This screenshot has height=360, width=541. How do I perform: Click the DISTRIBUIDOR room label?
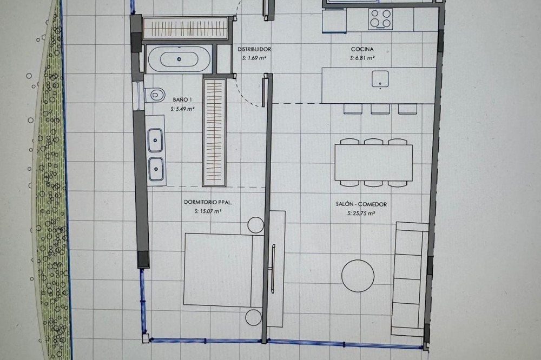(254, 49)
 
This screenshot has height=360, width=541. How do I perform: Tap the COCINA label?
(362, 49)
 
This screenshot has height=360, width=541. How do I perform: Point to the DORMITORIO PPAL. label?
(208, 202)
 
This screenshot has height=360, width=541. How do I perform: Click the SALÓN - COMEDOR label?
(361, 204)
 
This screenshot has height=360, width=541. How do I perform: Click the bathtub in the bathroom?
(179, 59)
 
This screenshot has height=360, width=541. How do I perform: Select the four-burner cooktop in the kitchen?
(380, 18)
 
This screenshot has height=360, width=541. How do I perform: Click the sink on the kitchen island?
(380, 79)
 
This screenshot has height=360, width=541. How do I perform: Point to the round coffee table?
(358, 276)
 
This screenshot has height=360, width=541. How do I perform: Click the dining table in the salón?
(374, 162)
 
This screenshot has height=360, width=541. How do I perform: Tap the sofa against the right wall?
(410, 279)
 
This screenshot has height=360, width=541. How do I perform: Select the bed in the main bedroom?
(224, 270)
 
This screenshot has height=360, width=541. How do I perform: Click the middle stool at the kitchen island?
(380, 109)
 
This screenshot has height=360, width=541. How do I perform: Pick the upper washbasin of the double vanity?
(156, 140)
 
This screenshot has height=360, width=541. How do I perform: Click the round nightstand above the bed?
(256, 224)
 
